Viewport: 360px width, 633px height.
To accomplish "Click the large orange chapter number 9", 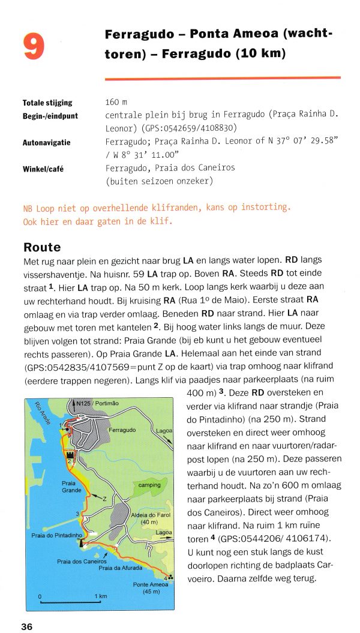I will pos(34,46).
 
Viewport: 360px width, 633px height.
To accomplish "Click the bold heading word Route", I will pos(42,247).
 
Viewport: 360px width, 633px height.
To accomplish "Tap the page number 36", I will pos(27,626).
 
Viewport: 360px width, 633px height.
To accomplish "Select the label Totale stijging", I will pos(47,103).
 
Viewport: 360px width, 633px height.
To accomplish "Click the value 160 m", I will pos(116,103).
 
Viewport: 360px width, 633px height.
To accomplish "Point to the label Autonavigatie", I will pos(46,143).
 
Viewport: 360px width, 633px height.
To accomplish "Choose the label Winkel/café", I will pos(43,169).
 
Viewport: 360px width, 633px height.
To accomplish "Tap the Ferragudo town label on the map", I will pos(122,430).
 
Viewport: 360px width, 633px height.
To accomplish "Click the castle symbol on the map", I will pos(71,455).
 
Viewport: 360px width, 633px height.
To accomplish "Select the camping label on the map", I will pos(149,485).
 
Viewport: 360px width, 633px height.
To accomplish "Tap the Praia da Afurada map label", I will pos(121,568).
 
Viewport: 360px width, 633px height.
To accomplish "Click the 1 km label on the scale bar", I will pos(100,596).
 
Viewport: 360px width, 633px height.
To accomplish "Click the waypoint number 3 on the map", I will pos(77,513).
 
